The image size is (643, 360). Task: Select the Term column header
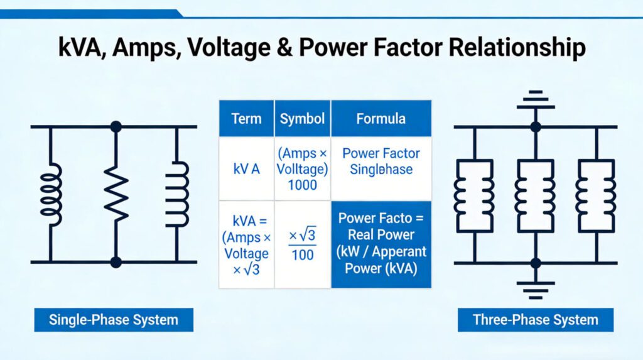tap(246, 118)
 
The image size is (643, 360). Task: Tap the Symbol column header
tap(302, 118)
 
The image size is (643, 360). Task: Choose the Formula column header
tap(381, 118)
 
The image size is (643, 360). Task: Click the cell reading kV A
tap(246, 169)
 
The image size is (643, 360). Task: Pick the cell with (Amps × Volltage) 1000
tap(302, 168)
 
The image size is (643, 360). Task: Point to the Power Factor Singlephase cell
tap(381, 161)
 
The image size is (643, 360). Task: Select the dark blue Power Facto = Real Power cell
tap(381, 244)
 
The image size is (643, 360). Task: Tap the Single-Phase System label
tap(113, 320)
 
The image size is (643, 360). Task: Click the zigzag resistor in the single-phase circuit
tap(116, 194)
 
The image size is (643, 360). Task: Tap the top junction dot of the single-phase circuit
tap(116, 127)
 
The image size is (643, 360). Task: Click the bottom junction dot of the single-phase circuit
tap(116, 261)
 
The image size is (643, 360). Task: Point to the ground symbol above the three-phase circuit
tap(535, 101)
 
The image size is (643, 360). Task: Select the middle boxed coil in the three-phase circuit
tap(535, 194)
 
